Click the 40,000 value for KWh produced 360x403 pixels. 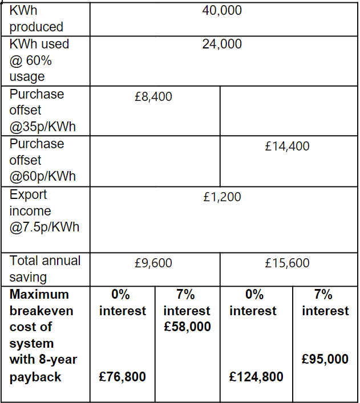tap(222, 11)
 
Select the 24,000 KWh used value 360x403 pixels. tap(222, 44)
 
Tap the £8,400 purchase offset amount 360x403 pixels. tap(153, 97)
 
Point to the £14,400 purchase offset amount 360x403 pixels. tap(287, 146)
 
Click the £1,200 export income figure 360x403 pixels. tap(222, 197)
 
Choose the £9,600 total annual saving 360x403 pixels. tap(153, 263)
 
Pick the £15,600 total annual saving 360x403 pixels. tap(287, 263)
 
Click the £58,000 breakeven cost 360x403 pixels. tap(187, 327)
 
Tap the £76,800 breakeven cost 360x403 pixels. tap(122, 377)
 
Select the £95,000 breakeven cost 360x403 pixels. tap(325, 359)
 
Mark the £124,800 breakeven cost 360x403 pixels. tap(256, 377)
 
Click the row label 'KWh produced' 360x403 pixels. tap(36, 19)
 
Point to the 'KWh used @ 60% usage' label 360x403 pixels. tap(39, 60)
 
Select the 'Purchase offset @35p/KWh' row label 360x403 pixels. tap(43, 110)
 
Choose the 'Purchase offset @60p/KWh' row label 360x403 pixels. tap(43, 160)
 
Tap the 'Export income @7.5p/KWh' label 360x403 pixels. tap(44, 211)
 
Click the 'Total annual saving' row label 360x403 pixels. tap(45, 268)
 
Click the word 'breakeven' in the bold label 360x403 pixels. tap(41, 311)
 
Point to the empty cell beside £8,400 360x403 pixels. tap(288, 110)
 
